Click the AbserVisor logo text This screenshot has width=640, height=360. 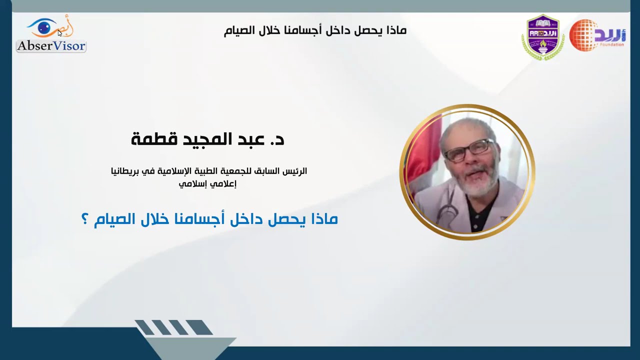51,46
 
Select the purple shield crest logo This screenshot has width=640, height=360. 543,37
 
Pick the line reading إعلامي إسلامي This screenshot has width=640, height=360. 208,183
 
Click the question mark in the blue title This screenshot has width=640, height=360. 84,219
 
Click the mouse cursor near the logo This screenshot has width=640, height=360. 59,33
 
